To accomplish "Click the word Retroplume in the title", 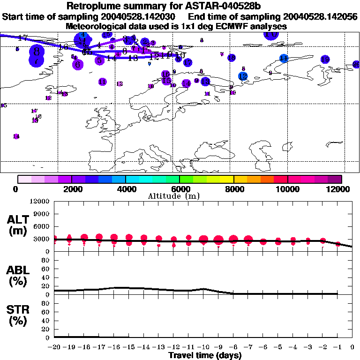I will [x=94, y=6].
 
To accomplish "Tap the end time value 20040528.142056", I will [x=319, y=17].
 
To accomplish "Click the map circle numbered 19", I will [x=325, y=60].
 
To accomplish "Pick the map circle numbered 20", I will [x=356, y=64].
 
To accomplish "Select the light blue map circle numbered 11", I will [x=284, y=58].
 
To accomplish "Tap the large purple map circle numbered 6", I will [x=78, y=65].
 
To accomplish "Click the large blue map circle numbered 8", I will [x=37, y=52].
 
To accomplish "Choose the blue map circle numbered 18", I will [x=232, y=58].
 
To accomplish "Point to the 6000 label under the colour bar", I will [x=180, y=189].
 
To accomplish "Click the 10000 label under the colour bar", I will [x=288, y=189].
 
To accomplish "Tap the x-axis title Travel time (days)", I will [x=205, y=356].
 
